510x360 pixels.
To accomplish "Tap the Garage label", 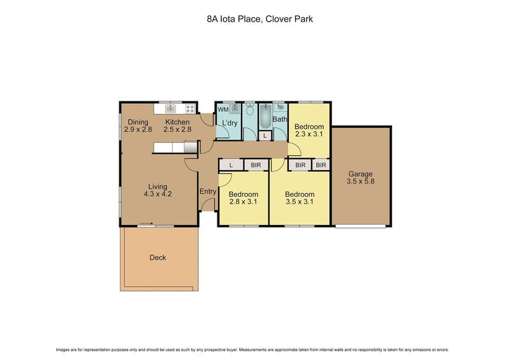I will pyautogui.click(x=360, y=173).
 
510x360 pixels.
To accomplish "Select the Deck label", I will pyautogui.click(x=157, y=257).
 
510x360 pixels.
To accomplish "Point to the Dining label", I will pyautogui.click(x=138, y=122).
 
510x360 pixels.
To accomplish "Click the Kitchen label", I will pyautogui.click(x=177, y=122).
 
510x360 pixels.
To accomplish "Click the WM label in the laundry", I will pyautogui.click(x=223, y=110).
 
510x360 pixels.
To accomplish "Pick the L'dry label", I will pyautogui.click(x=229, y=122).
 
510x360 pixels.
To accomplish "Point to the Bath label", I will pyautogui.click(x=280, y=119).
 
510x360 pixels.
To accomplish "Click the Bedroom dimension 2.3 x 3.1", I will pyautogui.click(x=309, y=134).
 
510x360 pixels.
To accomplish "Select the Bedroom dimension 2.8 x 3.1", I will pyautogui.click(x=243, y=203).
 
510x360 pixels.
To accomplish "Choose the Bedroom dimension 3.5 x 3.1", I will pyautogui.click(x=299, y=203).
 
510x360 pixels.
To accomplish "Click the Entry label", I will pyautogui.click(x=208, y=192).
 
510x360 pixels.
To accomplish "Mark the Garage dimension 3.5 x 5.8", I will pyautogui.click(x=360, y=182).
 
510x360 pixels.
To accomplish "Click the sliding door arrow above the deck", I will pyautogui.click(x=147, y=224).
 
